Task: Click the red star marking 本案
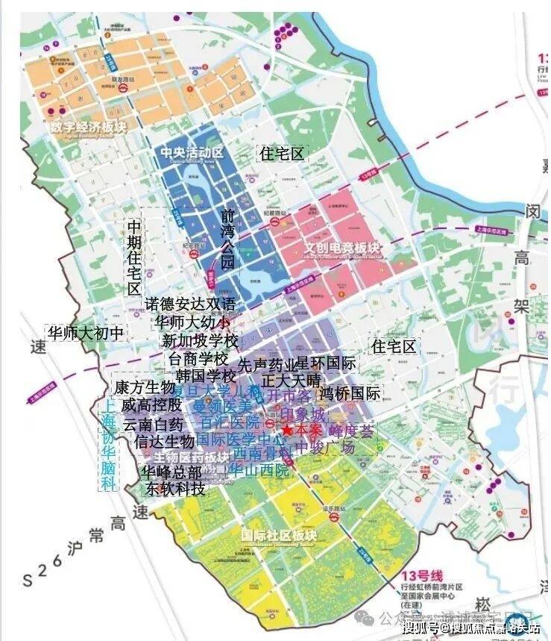[x=286, y=431]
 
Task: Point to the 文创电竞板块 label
[x=342, y=247]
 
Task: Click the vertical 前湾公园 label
[x=227, y=239]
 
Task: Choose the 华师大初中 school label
[x=85, y=333]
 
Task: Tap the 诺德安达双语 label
[x=190, y=304]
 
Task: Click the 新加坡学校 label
[x=200, y=341]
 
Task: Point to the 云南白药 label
[x=152, y=424]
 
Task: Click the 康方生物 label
[x=144, y=388]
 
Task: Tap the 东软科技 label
[x=175, y=490]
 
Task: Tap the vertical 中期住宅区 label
[x=133, y=258]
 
